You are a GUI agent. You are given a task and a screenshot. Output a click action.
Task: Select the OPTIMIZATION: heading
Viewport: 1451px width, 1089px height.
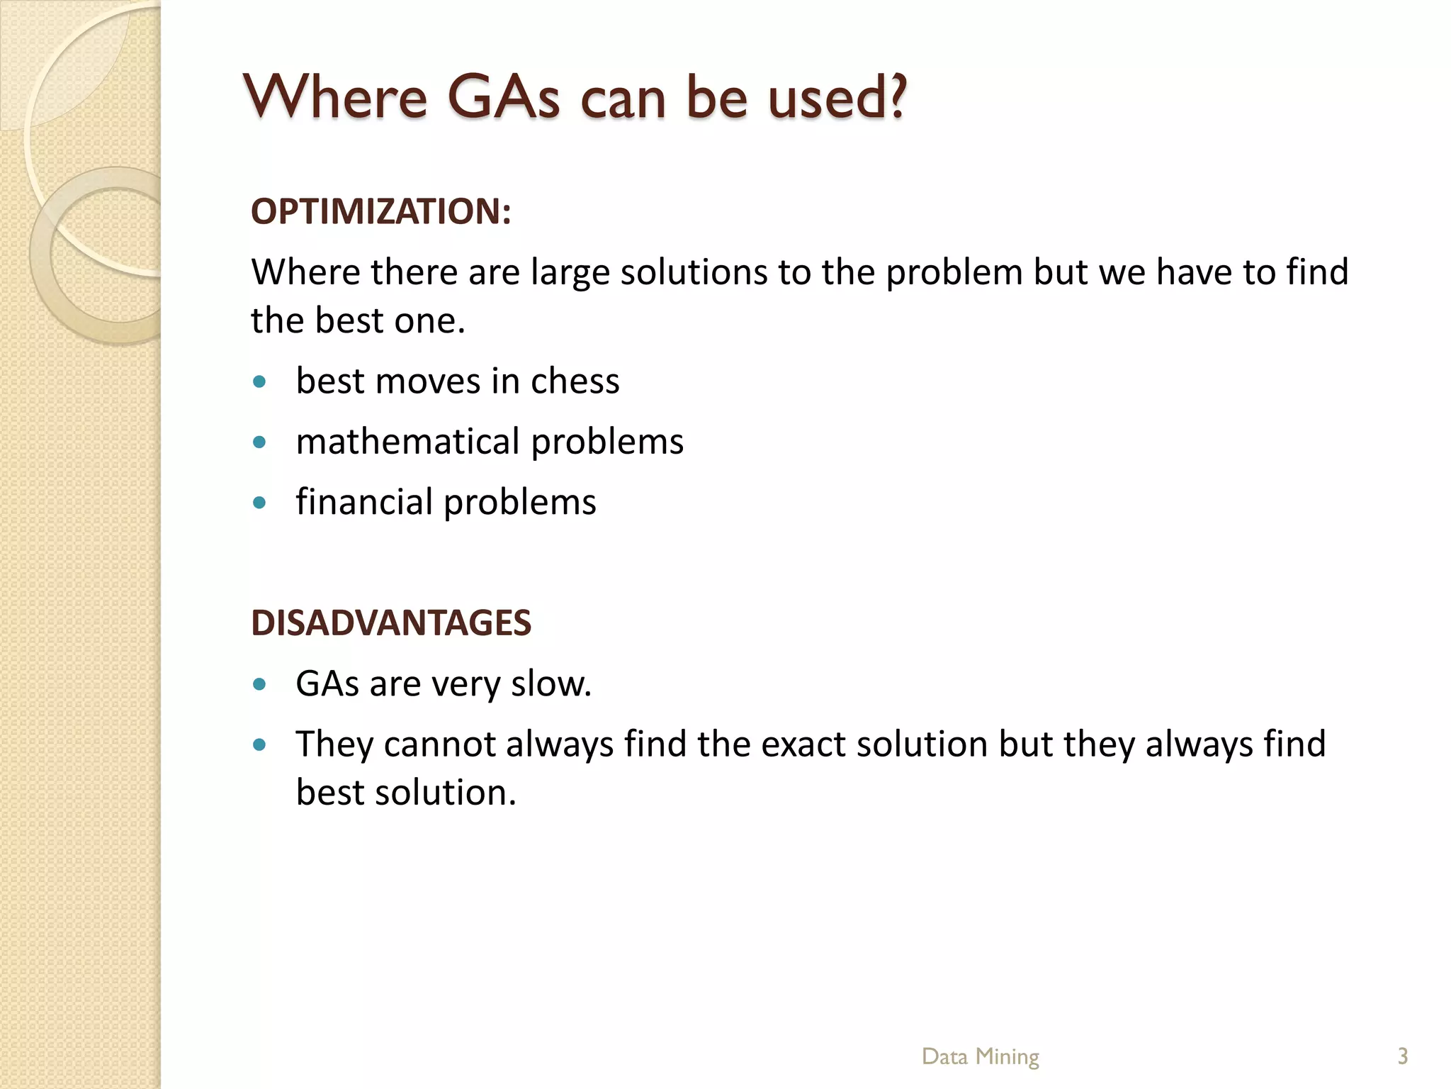pyautogui.click(x=381, y=211)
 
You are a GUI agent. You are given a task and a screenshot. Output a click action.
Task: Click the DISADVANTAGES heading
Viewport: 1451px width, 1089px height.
pyautogui.click(x=391, y=623)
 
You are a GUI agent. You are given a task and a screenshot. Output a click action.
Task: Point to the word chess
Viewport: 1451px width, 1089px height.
pyautogui.click(x=575, y=381)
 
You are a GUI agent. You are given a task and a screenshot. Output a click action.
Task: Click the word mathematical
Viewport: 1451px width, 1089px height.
pyautogui.click(x=408, y=442)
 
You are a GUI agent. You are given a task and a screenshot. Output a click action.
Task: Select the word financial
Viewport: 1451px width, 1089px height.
pyautogui.click(x=364, y=502)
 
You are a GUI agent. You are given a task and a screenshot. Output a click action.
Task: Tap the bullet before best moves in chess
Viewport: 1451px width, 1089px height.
pyautogui.click(x=259, y=382)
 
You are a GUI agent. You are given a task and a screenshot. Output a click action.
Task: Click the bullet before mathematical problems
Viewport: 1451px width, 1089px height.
pyautogui.click(x=259, y=442)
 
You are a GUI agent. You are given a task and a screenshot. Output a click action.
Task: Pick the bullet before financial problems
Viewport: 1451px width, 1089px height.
pyautogui.click(x=259, y=503)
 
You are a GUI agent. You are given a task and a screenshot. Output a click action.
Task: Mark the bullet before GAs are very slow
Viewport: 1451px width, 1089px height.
pyautogui.click(x=259, y=684)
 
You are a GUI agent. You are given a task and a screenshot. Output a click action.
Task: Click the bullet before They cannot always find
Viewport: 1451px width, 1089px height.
pyautogui.click(x=259, y=744)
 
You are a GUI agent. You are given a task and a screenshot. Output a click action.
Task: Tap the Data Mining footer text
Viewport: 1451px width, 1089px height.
pyautogui.click(x=980, y=1056)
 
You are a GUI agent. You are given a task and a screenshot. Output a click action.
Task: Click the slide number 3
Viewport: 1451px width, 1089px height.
pyautogui.click(x=1402, y=1056)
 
